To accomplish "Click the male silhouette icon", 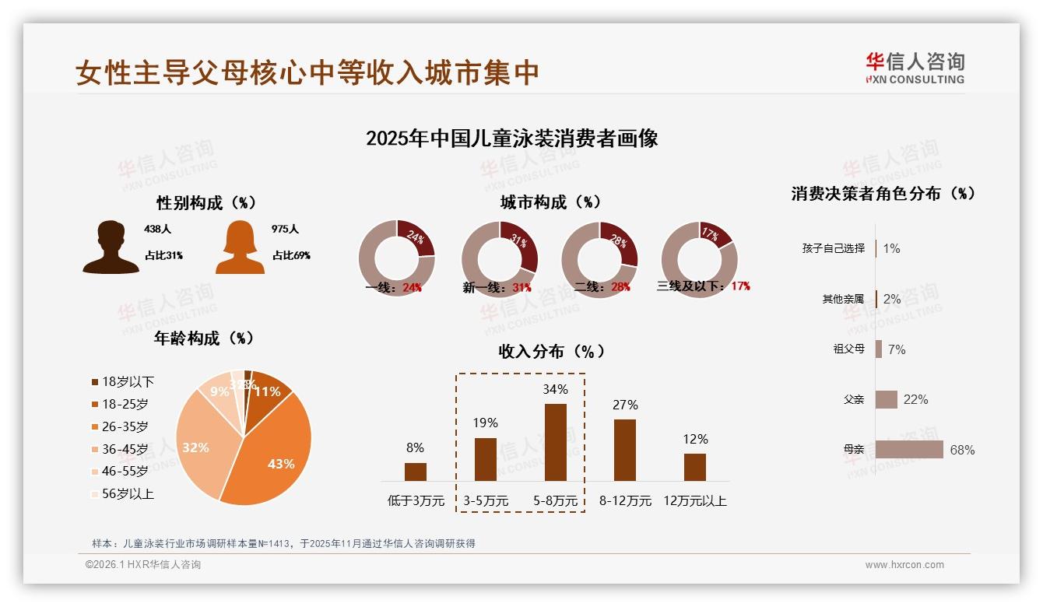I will pos(111,247).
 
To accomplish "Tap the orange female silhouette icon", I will pos(240,247).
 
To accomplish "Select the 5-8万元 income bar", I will pos(555,442).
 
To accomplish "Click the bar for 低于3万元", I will pos(416,472).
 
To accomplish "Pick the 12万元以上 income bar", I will pos(695,467).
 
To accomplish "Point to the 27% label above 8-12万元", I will pos(625,405).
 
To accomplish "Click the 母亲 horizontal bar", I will pos(909,450).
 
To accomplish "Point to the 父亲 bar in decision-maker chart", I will pos(887,399).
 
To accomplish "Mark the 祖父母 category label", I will pos(848,349).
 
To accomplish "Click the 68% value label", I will pos(962,450).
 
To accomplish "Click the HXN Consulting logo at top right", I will pos(915,68).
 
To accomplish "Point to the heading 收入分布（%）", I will pos(551,351).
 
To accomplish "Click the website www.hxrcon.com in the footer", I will pos(904,565).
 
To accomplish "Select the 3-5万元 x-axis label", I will pos(486,501).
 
